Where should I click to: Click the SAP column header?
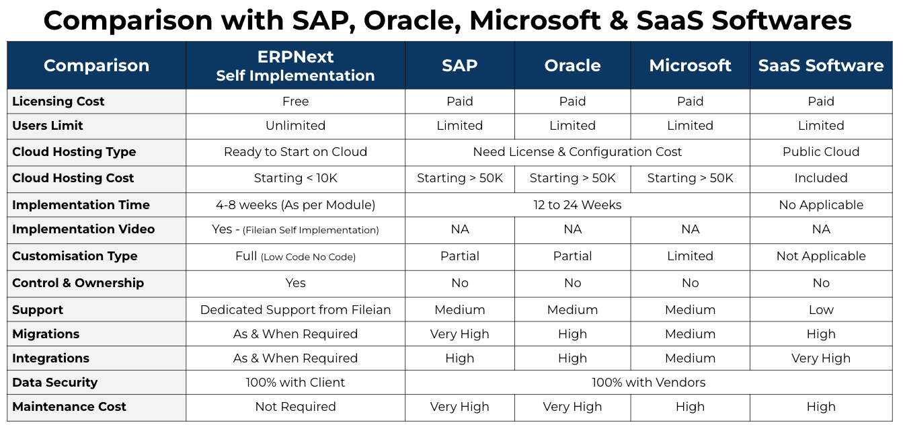[459, 65]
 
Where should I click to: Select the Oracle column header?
[572, 65]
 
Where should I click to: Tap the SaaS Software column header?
[820, 65]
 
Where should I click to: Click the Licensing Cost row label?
[58, 102]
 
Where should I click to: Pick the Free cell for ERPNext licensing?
[295, 102]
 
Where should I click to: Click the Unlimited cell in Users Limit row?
[295, 126]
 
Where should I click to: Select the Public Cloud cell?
[820, 152]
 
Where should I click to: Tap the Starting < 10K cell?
[295, 178]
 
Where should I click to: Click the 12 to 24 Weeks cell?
[577, 205]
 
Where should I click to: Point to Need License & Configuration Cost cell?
[577, 152]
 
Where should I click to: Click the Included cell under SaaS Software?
[820, 178]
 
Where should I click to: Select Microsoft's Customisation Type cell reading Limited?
[690, 256]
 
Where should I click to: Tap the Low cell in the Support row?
[820, 310]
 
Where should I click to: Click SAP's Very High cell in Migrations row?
[459, 334]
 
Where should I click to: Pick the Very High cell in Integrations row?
[820, 358]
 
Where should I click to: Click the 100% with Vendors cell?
[648, 383]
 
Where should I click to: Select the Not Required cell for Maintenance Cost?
[295, 407]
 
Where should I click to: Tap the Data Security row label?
[55, 383]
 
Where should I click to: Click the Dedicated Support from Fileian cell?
[295, 310]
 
